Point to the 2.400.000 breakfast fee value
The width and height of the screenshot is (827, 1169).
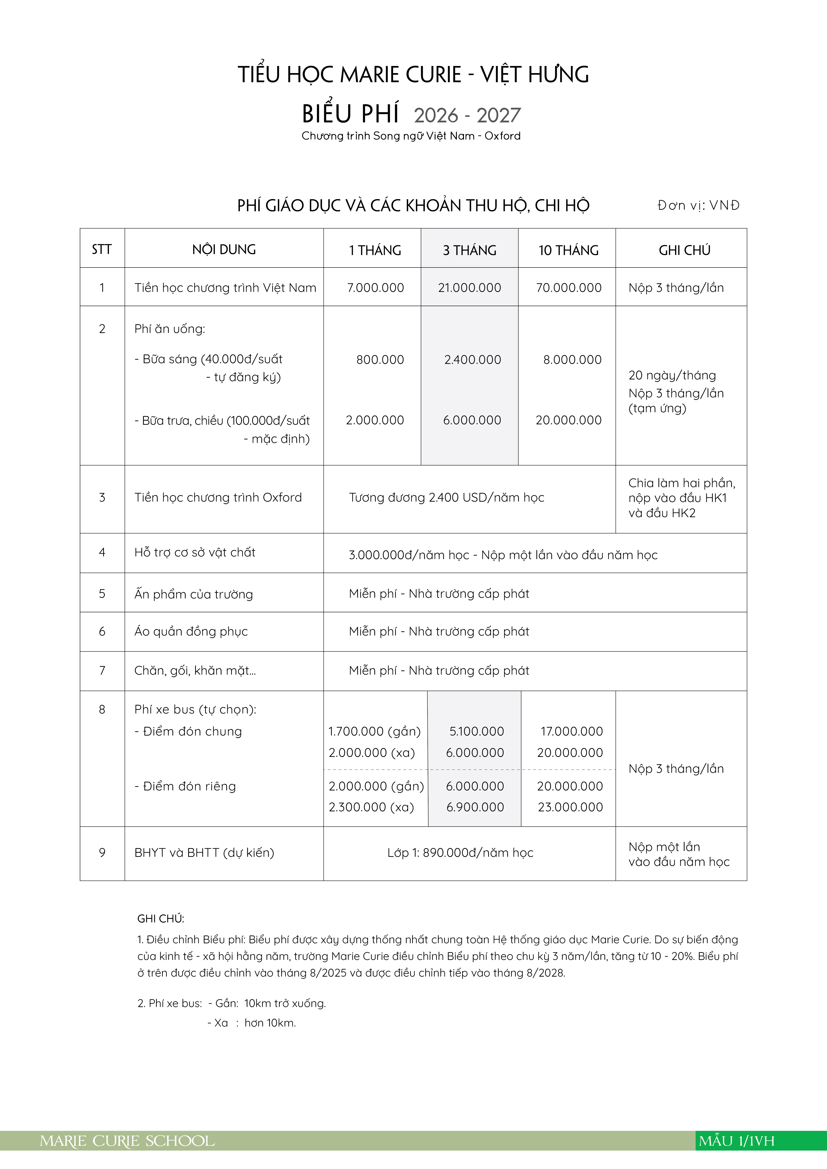(x=472, y=359)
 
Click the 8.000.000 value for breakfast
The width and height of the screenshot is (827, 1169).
(x=572, y=359)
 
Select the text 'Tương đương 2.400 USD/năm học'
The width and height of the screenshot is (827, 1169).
(x=446, y=497)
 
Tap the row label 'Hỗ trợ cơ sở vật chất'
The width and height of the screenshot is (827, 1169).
(x=195, y=553)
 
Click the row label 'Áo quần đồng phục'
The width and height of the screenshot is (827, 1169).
(x=191, y=631)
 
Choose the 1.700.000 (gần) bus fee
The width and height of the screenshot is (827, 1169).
(x=375, y=731)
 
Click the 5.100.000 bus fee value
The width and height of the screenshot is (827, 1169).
(x=476, y=731)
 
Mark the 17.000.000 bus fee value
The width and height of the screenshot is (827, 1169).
(x=571, y=731)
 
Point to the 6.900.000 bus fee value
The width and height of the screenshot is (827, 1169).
(x=475, y=807)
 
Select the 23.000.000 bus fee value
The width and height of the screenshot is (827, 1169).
(x=570, y=807)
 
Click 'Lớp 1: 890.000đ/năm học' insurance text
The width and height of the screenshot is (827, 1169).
(x=460, y=853)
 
